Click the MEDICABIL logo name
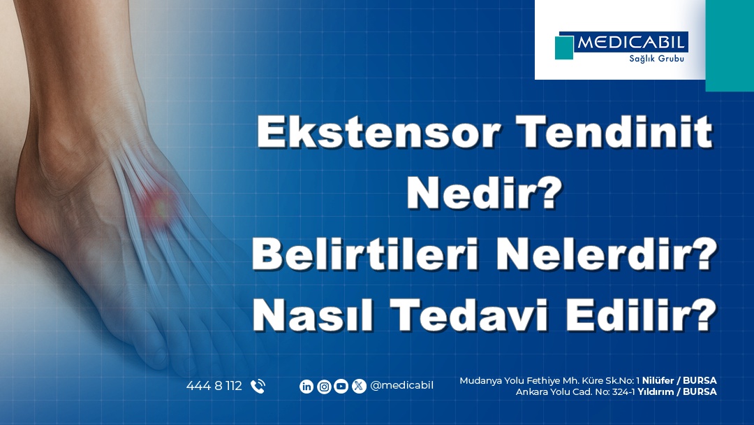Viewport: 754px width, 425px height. point(631,43)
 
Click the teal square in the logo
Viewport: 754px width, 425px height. point(564,47)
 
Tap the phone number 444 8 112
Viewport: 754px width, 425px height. point(214,386)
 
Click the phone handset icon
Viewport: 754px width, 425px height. point(258,386)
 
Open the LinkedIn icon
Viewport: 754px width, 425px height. point(306,387)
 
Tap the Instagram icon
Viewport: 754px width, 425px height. point(324,387)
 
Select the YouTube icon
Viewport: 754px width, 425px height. point(341,387)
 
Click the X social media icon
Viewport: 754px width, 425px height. point(359,387)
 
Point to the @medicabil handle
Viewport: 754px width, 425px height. point(401,386)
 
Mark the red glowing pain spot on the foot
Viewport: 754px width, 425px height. point(158,205)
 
